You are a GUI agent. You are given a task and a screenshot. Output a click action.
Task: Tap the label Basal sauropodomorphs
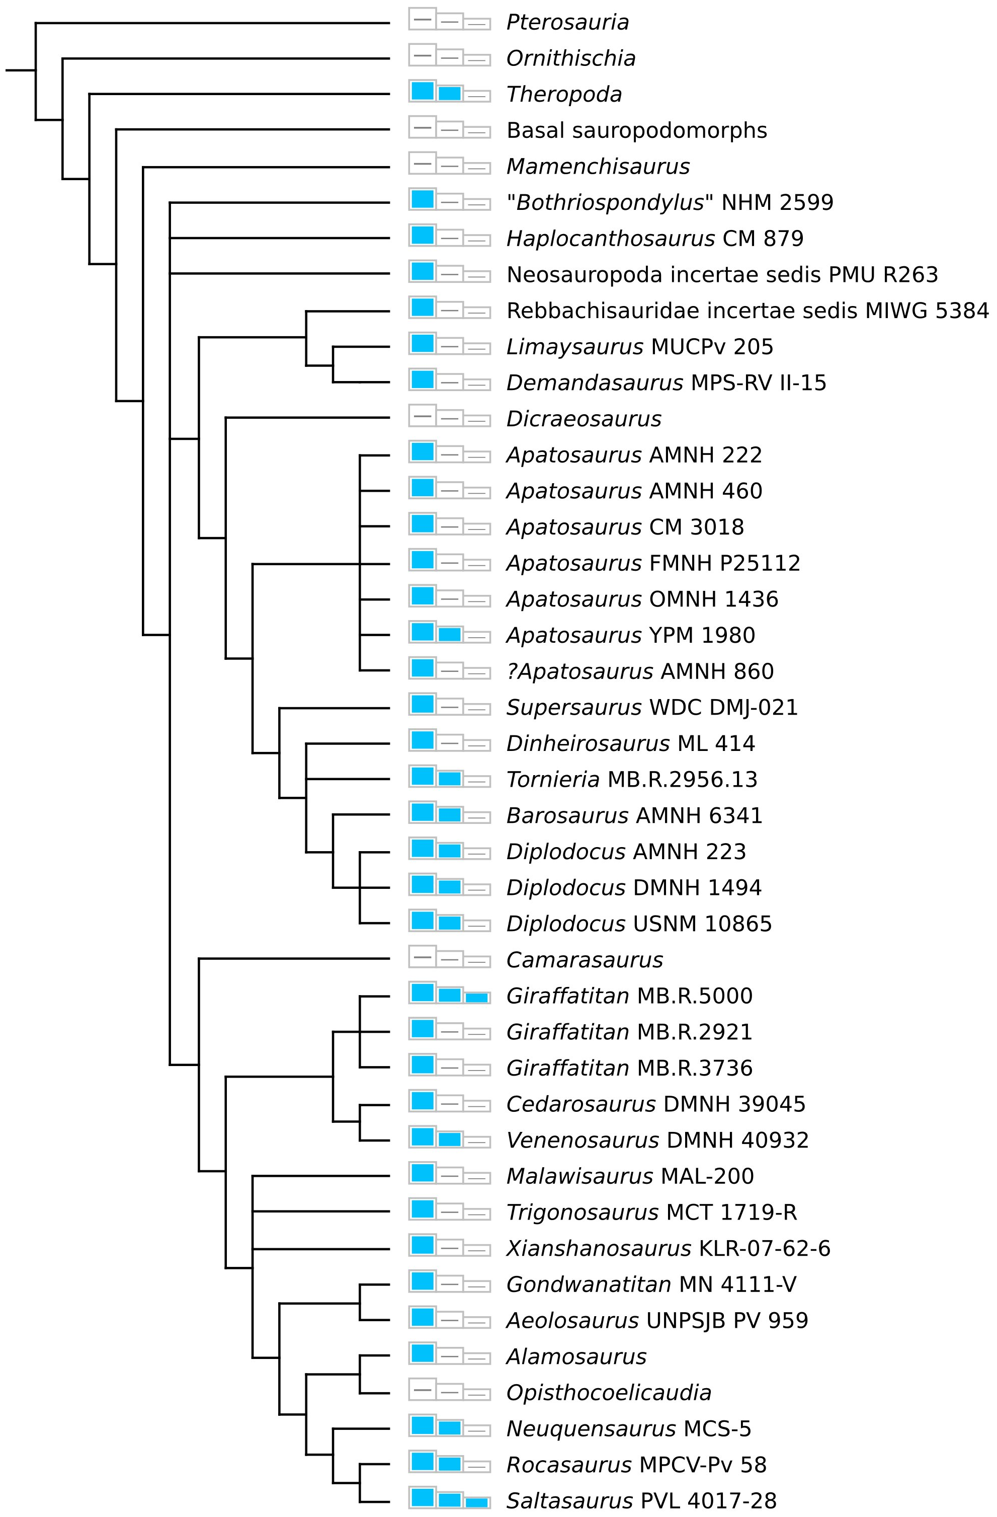(x=636, y=131)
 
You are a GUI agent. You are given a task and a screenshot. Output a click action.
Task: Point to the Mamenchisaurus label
(x=598, y=167)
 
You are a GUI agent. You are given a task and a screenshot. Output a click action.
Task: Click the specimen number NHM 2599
(x=777, y=203)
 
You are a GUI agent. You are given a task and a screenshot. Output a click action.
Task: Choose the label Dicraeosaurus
(x=584, y=419)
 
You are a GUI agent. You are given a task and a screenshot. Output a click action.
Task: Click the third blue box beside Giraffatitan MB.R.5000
(x=476, y=997)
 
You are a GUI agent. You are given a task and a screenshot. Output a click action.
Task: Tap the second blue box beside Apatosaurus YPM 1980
(x=450, y=634)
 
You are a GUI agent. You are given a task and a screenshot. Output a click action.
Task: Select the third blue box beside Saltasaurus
(x=476, y=1502)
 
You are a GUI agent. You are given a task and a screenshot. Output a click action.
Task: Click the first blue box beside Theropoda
(x=423, y=91)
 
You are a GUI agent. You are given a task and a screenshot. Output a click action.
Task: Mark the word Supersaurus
(x=573, y=708)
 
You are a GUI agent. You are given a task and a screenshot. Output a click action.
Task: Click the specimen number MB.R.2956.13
(x=682, y=780)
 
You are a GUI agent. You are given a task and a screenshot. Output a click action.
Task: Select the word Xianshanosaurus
(x=598, y=1249)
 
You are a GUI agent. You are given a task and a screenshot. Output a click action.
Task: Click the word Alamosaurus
(x=576, y=1357)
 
